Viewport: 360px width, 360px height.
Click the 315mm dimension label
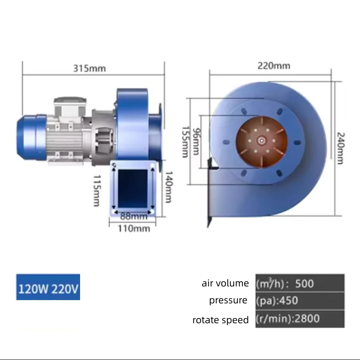click(x=90, y=68)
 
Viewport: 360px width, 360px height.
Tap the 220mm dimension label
click(x=274, y=66)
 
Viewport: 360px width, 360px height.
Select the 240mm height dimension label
click(x=340, y=148)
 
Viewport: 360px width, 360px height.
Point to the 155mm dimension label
click(x=185, y=142)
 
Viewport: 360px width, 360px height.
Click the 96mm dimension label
click(x=196, y=141)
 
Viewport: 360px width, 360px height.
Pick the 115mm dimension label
click(x=97, y=190)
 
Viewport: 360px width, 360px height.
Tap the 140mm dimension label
click(x=169, y=187)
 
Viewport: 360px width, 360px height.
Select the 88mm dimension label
click(x=134, y=216)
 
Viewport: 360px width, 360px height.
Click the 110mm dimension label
click(x=134, y=229)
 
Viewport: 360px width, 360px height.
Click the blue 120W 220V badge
click(x=48, y=287)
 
